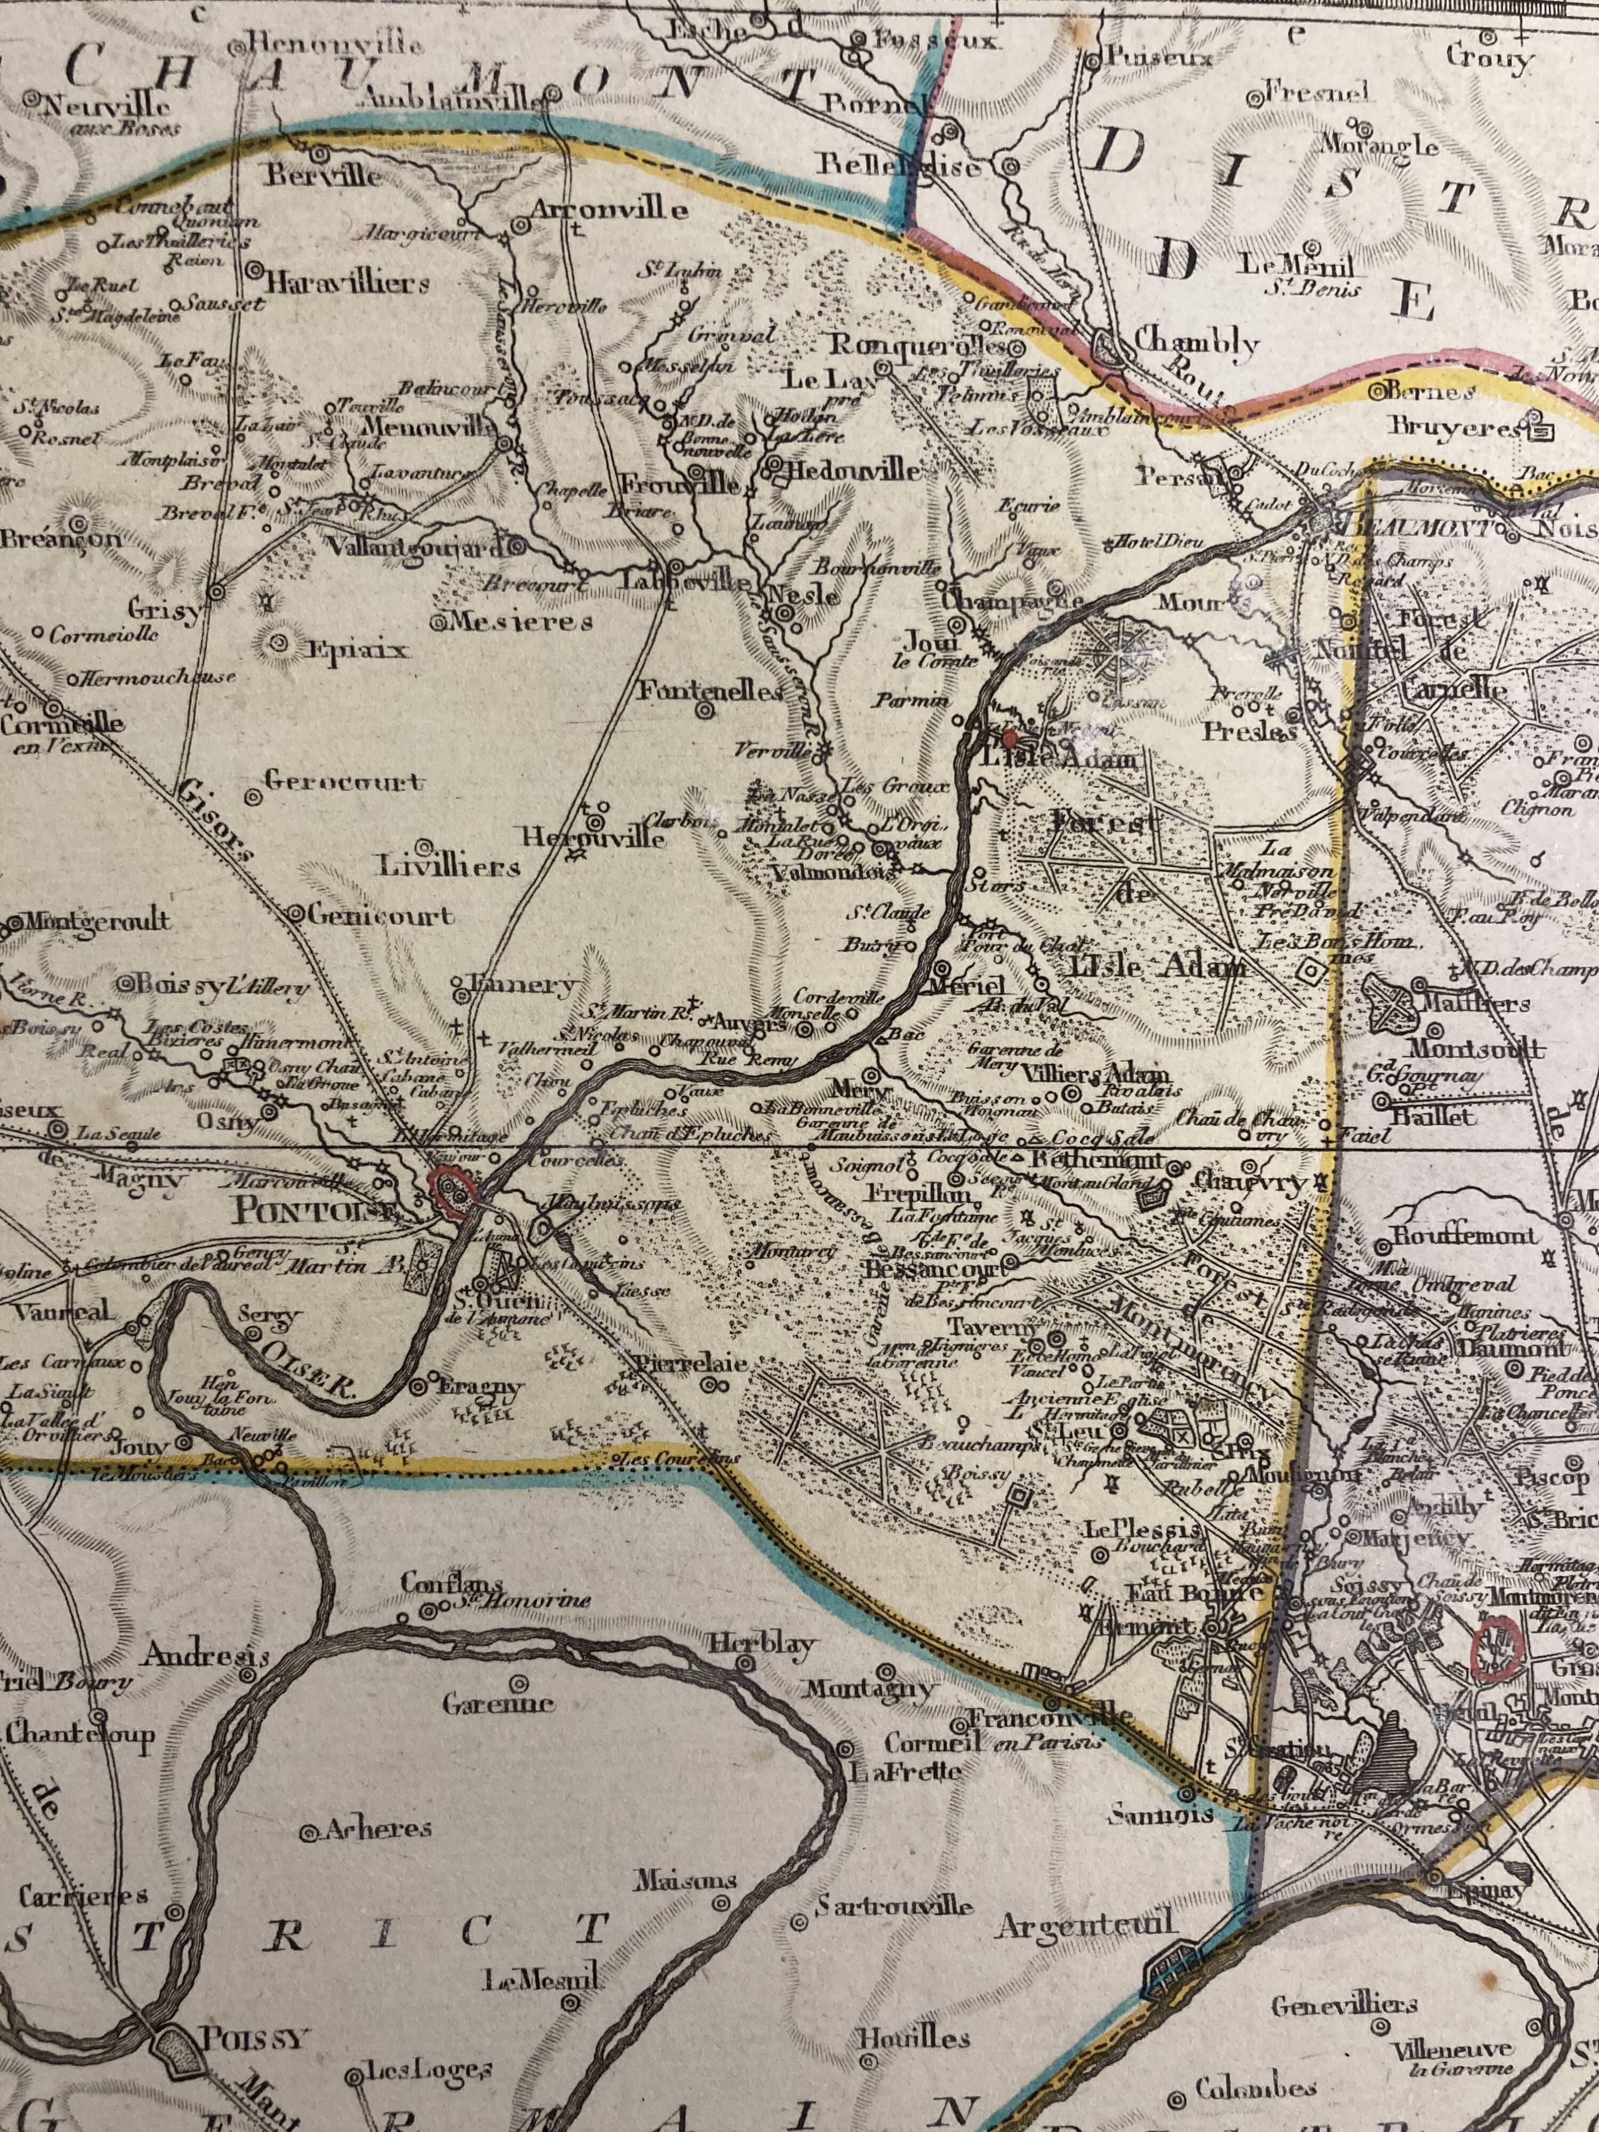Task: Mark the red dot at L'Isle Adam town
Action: (1009, 739)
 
